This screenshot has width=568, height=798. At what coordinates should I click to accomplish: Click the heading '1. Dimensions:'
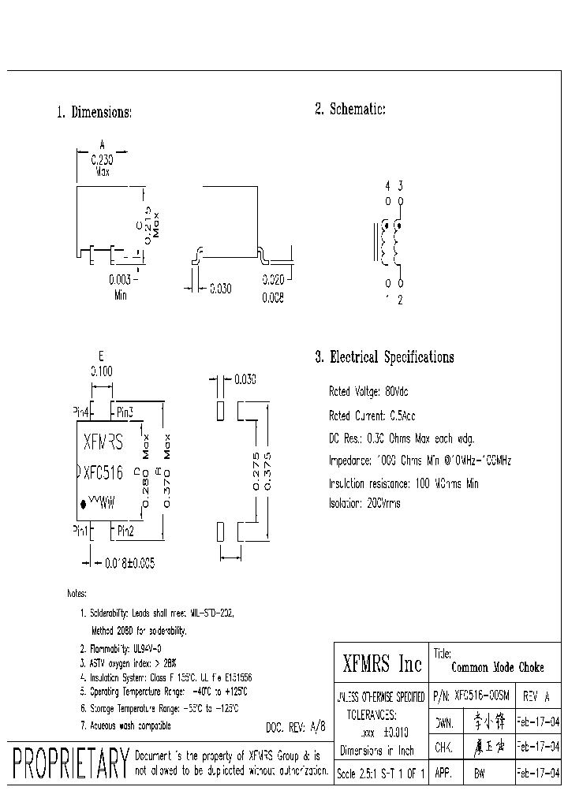coord(94,113)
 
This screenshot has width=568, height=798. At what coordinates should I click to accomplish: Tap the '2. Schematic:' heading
coord(350,110)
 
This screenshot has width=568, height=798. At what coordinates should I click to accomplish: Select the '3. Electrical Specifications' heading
coord(384,357)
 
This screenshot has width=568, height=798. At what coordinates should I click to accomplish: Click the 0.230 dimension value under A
coord(102,158)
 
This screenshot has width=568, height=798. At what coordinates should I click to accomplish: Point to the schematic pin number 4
coord(387,186)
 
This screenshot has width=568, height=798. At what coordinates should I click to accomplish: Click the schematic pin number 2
coord(401,300)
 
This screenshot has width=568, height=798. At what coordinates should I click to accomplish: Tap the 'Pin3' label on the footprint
coord(125,412)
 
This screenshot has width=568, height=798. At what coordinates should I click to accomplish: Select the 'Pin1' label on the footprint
coord(80,531)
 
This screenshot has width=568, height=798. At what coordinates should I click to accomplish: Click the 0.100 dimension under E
coord(102,370)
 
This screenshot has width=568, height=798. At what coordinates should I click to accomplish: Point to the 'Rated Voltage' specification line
coord(368,392)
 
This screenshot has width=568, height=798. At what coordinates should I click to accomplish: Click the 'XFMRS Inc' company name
coord(382,665)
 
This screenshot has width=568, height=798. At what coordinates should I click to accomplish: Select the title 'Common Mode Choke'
coord(498,667)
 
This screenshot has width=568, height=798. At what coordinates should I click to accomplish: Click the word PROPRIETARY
coord(71,763)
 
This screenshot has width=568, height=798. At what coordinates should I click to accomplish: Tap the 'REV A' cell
coord(536,697)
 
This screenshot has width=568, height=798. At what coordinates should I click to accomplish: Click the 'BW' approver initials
coord(478,774)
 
